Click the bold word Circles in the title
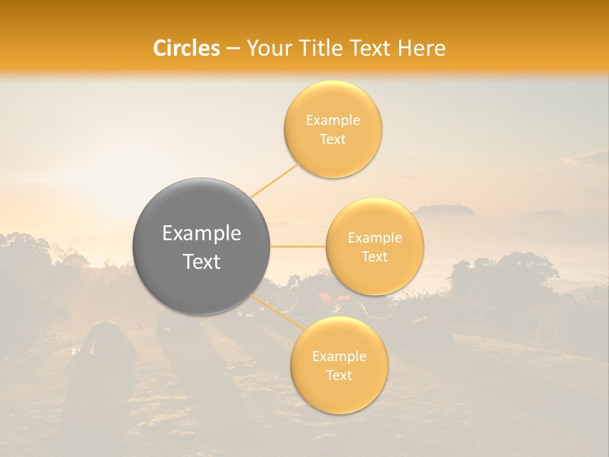187,48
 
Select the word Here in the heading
422,48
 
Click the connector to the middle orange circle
298,246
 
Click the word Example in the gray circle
202,234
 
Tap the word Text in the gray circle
202,262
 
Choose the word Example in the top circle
333,121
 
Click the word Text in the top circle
333,140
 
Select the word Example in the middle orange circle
375,238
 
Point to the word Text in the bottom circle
339,375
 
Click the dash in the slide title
233,48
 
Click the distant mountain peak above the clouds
444,209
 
